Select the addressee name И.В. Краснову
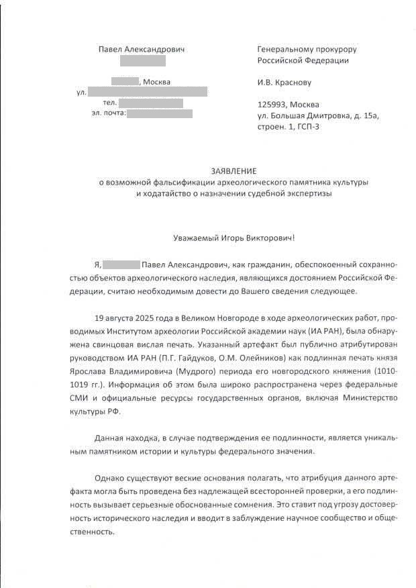click(x=284, y=83)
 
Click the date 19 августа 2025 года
click(x=140, y=317)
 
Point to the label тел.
click(x=110, y=103)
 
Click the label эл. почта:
click(x=107, y=113)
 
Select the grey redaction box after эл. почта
click(x=159, y=113)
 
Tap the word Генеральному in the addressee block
click(x=284, y=49)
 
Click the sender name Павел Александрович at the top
click(x=141, y=49)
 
